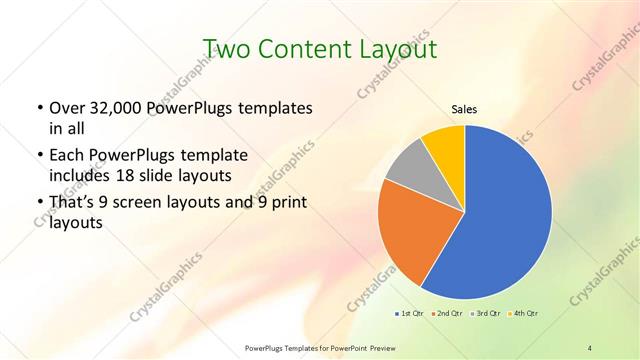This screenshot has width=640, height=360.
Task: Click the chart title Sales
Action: (464, 109)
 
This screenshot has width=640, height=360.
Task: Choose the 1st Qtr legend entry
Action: (410, 313)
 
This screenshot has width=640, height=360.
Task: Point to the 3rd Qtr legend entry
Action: (486, 313)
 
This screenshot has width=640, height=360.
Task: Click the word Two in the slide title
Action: (224, 48)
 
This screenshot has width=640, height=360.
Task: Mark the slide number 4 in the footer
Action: (590, 347)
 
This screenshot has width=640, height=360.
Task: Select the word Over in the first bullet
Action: (66, 108)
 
